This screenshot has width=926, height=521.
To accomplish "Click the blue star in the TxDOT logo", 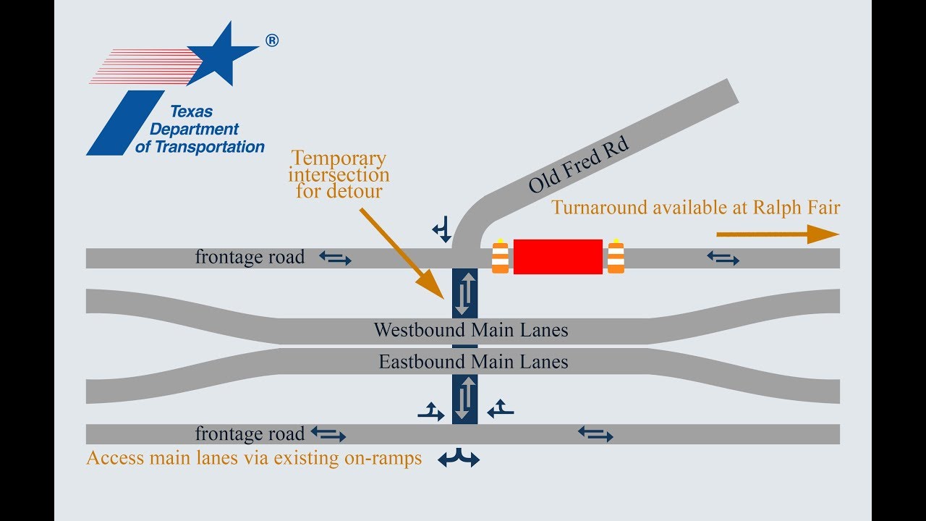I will point(224,54).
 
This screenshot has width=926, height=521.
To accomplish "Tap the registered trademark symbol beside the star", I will point(272,41).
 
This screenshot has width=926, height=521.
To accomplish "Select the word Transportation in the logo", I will point(209,147).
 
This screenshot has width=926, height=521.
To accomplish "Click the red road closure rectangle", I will point(558,257).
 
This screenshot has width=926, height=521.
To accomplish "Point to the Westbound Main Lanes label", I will point(470,331).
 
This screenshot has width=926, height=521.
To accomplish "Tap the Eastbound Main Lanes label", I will point(473,361).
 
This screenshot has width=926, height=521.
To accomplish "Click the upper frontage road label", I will point(250,257).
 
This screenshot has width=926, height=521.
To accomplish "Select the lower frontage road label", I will point(250,434).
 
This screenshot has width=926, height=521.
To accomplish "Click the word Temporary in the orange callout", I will point(339,158).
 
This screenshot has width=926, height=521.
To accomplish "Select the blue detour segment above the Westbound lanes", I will point(464,292).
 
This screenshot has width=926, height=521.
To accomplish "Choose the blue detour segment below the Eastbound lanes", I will point(464,398).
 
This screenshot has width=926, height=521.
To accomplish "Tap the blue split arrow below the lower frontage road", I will point(459,458).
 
